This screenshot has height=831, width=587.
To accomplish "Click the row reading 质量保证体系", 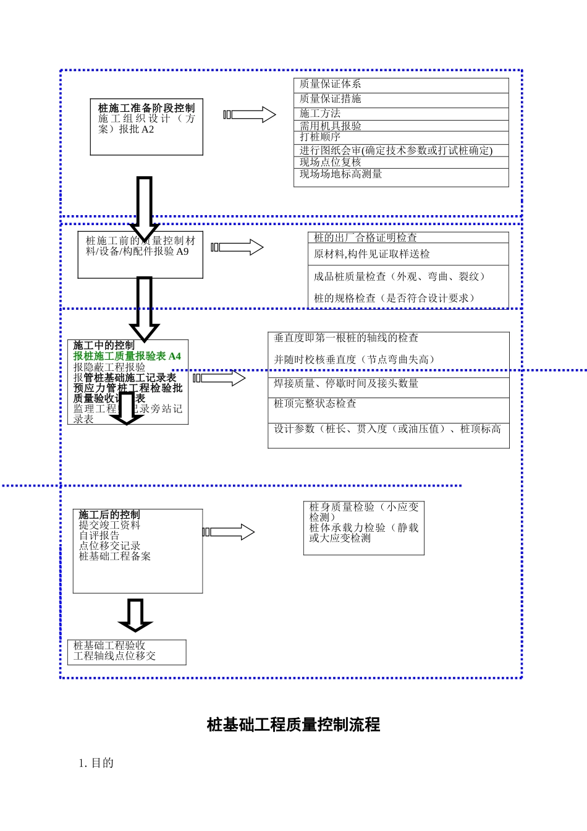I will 331,84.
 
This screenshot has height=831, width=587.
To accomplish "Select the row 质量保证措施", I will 331,99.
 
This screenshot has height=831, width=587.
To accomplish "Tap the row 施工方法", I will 320,113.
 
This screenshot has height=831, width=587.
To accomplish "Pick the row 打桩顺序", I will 320,137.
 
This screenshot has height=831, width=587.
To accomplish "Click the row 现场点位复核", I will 331,162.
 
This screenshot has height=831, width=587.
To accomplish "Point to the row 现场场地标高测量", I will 341,174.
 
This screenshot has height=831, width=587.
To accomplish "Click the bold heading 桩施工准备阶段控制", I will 146,108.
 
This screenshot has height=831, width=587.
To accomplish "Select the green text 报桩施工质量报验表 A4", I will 127,356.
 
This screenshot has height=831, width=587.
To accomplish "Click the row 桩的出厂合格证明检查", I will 365,237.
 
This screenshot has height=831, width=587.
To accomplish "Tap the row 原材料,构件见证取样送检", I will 372,254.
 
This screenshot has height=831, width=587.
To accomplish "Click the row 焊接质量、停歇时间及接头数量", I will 346,383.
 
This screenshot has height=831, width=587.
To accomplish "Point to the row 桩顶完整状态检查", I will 315,404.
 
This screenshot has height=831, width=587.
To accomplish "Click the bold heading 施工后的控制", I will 109,514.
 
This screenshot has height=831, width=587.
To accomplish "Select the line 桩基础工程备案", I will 115,556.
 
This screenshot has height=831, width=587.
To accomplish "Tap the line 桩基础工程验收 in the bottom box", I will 109,646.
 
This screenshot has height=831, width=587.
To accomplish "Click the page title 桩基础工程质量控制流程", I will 293,725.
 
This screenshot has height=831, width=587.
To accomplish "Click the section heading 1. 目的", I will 96,763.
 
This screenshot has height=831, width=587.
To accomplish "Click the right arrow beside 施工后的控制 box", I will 229,532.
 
